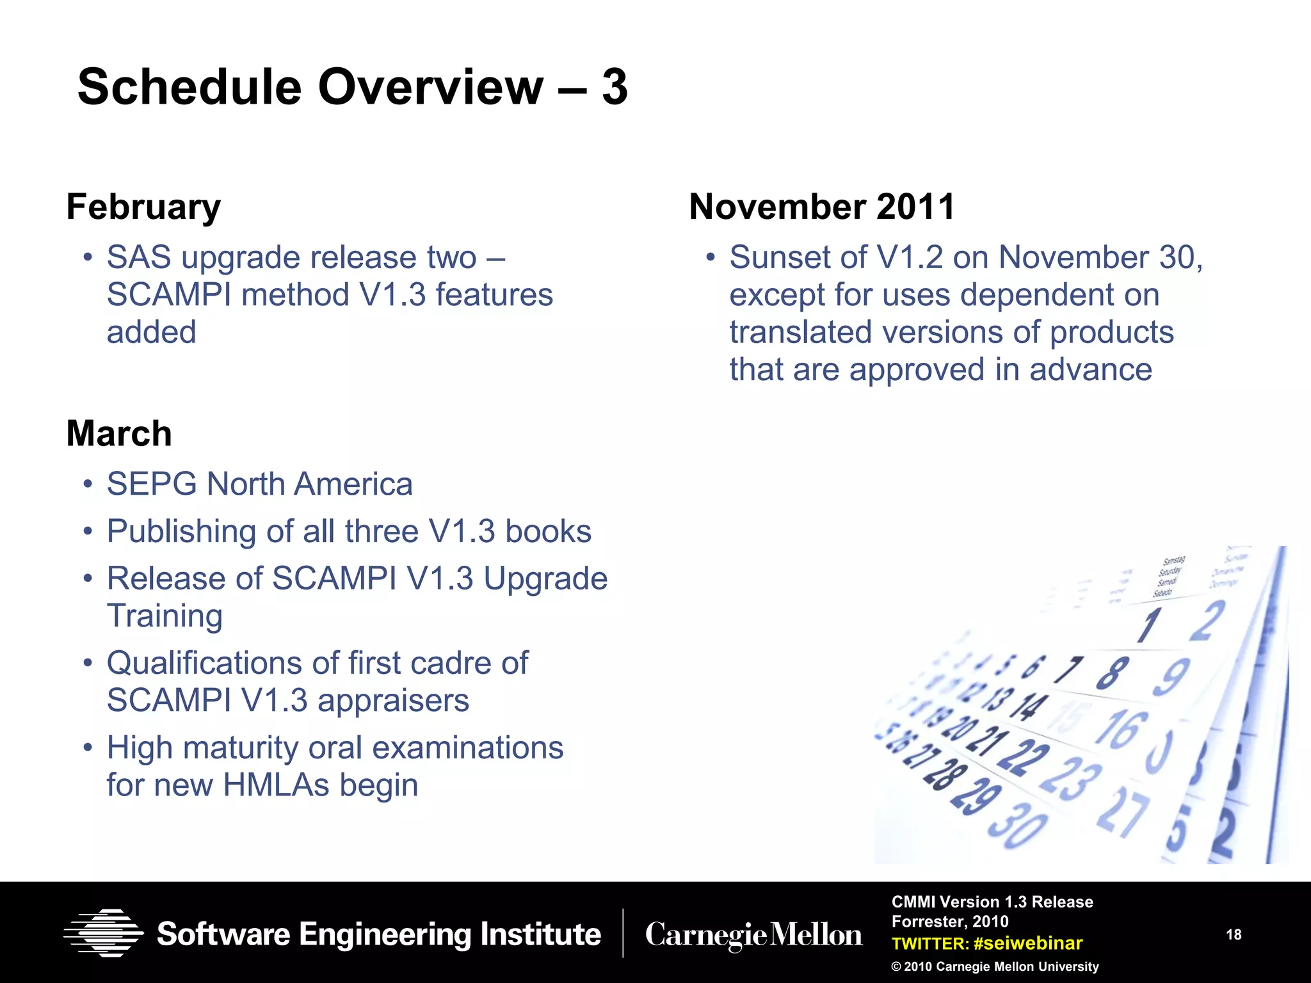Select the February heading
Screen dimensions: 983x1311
pos(143,207)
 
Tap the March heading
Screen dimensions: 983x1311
pos(119,433)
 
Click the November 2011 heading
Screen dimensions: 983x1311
pos(822,207)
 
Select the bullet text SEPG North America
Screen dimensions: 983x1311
pos(259,484)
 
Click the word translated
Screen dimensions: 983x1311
pos(800,332)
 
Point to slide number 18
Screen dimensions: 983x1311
pos(1234,935)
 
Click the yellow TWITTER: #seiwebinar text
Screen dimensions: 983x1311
pos(986,943)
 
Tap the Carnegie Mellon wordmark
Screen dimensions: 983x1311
pos(753,935)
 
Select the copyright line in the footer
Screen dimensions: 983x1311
pos(995,966)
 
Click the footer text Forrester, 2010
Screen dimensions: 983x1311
pos(950,922)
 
